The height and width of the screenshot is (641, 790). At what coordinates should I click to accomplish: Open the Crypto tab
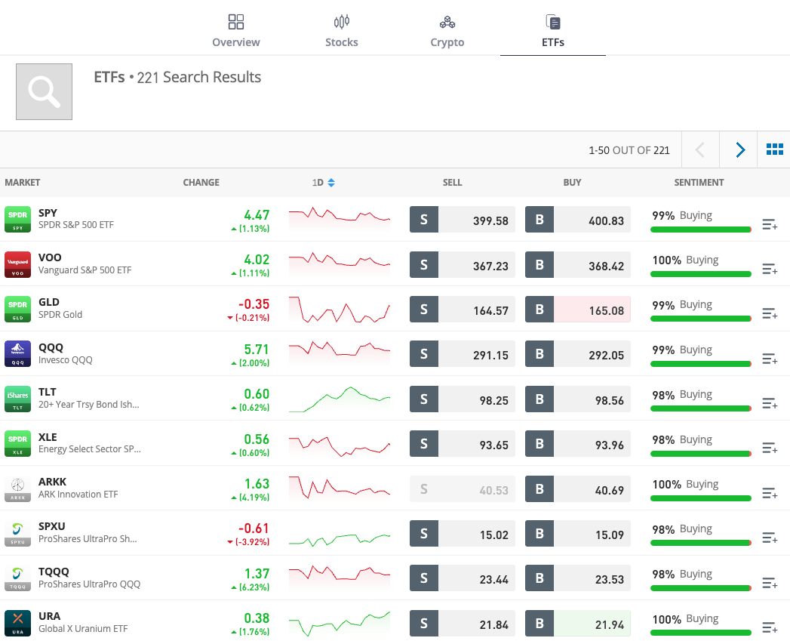click(447, 31)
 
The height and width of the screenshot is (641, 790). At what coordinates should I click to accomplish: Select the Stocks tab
click(341, 31)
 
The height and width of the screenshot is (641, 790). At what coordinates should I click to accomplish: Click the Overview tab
click(236, 31)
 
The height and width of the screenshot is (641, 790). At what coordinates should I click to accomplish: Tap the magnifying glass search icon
click(45, 91)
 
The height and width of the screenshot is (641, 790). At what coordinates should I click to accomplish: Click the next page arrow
click(740, 150)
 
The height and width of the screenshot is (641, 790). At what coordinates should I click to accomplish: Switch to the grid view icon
click(774, 150)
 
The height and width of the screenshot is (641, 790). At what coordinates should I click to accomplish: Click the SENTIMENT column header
click(699, 183)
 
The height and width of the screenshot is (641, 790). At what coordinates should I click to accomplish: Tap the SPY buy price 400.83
click(592, 220)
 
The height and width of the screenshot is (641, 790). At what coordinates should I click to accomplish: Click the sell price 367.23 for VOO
click(476, 266)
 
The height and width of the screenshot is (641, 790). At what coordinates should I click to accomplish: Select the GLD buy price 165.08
click(592, 310)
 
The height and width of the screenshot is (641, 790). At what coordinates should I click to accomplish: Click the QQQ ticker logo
click(17, 353)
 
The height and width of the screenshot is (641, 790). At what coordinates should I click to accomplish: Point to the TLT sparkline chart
click(340, 399)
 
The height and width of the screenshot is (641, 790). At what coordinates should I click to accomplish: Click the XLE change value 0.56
click(257, 439)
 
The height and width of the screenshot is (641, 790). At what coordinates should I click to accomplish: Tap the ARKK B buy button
click(539, 489)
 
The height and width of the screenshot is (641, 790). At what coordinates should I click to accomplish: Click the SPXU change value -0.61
click(254, 529)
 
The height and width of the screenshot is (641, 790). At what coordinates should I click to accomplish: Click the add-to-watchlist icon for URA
click(770, 627)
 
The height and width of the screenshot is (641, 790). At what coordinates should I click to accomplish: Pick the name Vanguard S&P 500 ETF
click(85, 270)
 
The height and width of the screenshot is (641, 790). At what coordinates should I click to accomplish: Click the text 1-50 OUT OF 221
click(629, 150)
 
